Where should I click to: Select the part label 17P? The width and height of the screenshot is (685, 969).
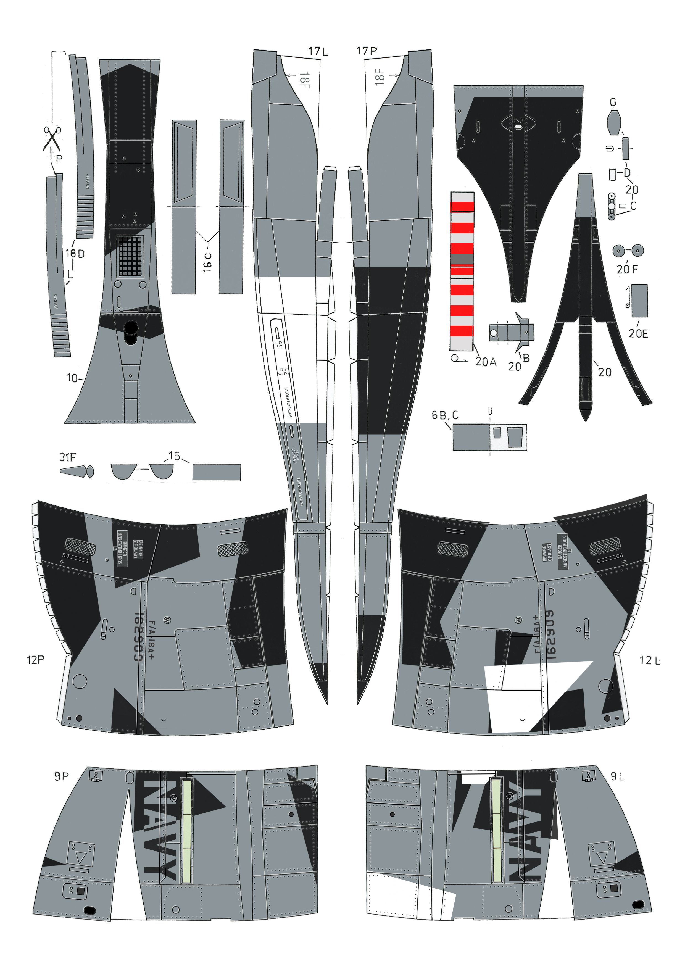[366, 51]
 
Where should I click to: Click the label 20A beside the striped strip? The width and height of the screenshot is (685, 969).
[486, 362]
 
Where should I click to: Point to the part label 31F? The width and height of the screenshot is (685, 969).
[67, 457]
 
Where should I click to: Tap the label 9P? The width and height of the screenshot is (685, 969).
[61, 776]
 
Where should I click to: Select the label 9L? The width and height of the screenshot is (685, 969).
[618, 776]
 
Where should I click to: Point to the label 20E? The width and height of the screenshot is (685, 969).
[638, 333]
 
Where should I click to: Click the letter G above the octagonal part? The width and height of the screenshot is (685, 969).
[613, 102]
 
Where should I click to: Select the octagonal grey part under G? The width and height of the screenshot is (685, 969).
[614, 122]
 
